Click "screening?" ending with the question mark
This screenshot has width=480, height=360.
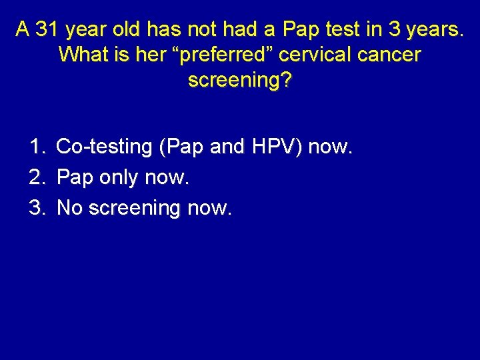click(x=240, y=80)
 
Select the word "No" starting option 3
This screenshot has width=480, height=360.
click(x=70, y=209)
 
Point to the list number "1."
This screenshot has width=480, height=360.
click(x=37, y=147)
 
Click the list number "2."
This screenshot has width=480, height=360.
click(x=37, y=178)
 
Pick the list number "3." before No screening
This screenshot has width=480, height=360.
click(x=37, y=209)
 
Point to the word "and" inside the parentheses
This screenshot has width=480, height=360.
click(x=226, y=147)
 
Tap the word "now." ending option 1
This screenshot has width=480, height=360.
click(x=329, y=147)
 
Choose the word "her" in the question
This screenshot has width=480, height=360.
click(x=147, y=55)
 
